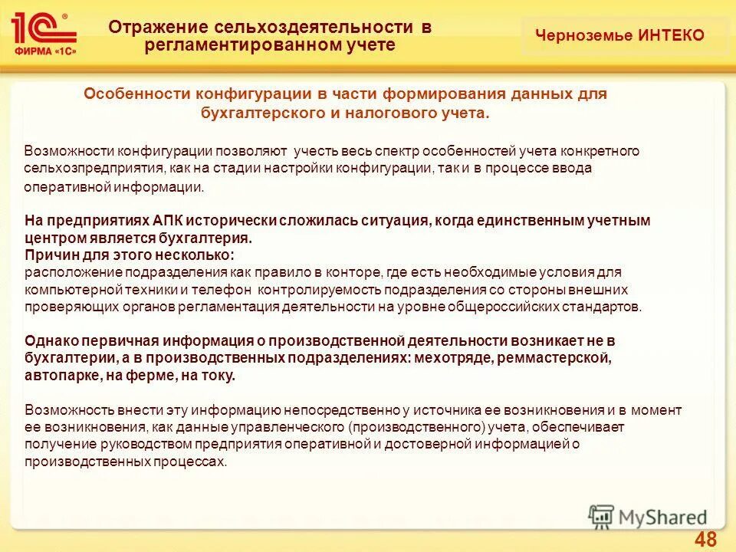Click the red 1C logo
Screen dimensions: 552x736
click(43, 28)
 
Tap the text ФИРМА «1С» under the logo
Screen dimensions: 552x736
click(44, 52)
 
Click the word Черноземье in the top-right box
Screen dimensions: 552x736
click(584, 35)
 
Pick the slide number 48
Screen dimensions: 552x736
click(705, 539)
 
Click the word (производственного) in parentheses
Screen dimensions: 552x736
click(416, 426)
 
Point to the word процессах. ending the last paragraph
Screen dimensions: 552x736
click(195, 461)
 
